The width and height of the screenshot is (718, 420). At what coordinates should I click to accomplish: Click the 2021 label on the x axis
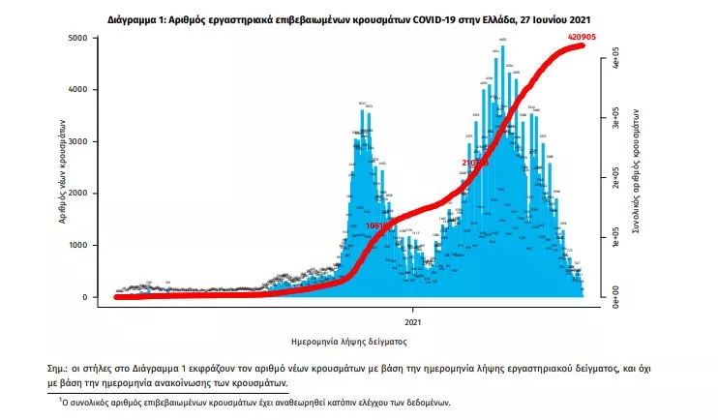point(412,320)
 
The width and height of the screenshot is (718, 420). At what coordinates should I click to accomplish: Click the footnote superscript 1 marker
point(60,398)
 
